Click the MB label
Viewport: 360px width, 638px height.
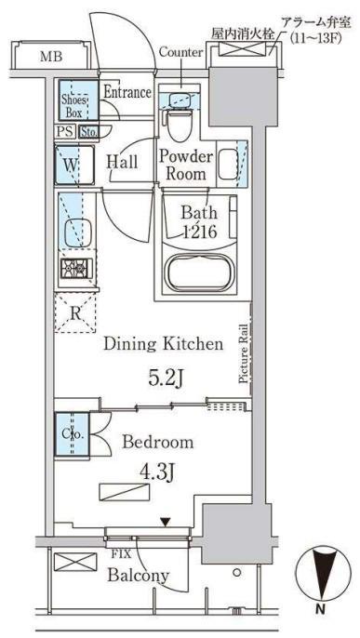click(51, 57)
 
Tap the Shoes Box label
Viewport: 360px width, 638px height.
click(74, 106)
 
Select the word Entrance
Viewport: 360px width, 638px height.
click(127, 92)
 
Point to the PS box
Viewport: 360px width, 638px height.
click(65, 132)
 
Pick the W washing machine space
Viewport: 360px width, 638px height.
click(74, 165)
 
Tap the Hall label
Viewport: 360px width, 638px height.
click(122, 163)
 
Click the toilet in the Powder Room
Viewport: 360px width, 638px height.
click(177, 123)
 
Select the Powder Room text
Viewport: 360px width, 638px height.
click(186, 166)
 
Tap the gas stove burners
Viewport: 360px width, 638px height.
click(77, 268)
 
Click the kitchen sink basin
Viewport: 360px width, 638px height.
click(77, 233)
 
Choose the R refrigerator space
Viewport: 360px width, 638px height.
click(74, 312)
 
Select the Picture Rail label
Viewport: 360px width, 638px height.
click(244, 354)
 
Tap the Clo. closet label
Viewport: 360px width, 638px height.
click(73, 434)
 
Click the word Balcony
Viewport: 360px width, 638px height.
click(139, 577)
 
